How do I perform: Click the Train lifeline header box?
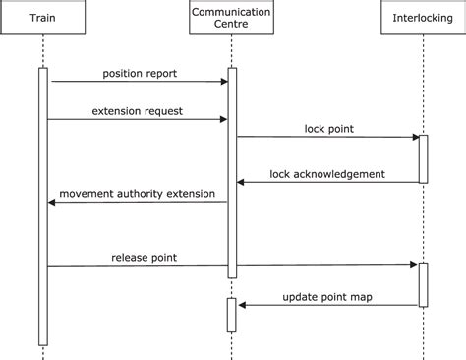(x=43, y=19)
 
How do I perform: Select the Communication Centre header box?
(x=232, y=19)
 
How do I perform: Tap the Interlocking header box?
(x=423, y=19)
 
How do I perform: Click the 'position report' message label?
(x=139, y=73)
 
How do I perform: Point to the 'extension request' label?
(x=139, y=110)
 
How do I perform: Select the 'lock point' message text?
(x=328, y=128)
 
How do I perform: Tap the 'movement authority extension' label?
(x=137, y=193)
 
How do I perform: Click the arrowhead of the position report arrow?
(x=224, y=82)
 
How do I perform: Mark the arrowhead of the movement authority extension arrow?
(x=52, y=203)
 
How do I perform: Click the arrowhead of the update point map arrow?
(x=242, y=305)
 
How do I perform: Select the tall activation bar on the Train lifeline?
(x=43, y=207)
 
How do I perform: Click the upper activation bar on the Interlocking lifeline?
(x=423, y=158)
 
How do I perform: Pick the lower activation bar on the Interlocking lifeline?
(x=423, y=284)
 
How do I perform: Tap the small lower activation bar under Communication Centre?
(x=232, y=315)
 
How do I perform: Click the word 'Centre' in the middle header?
(x=232, y=26)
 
